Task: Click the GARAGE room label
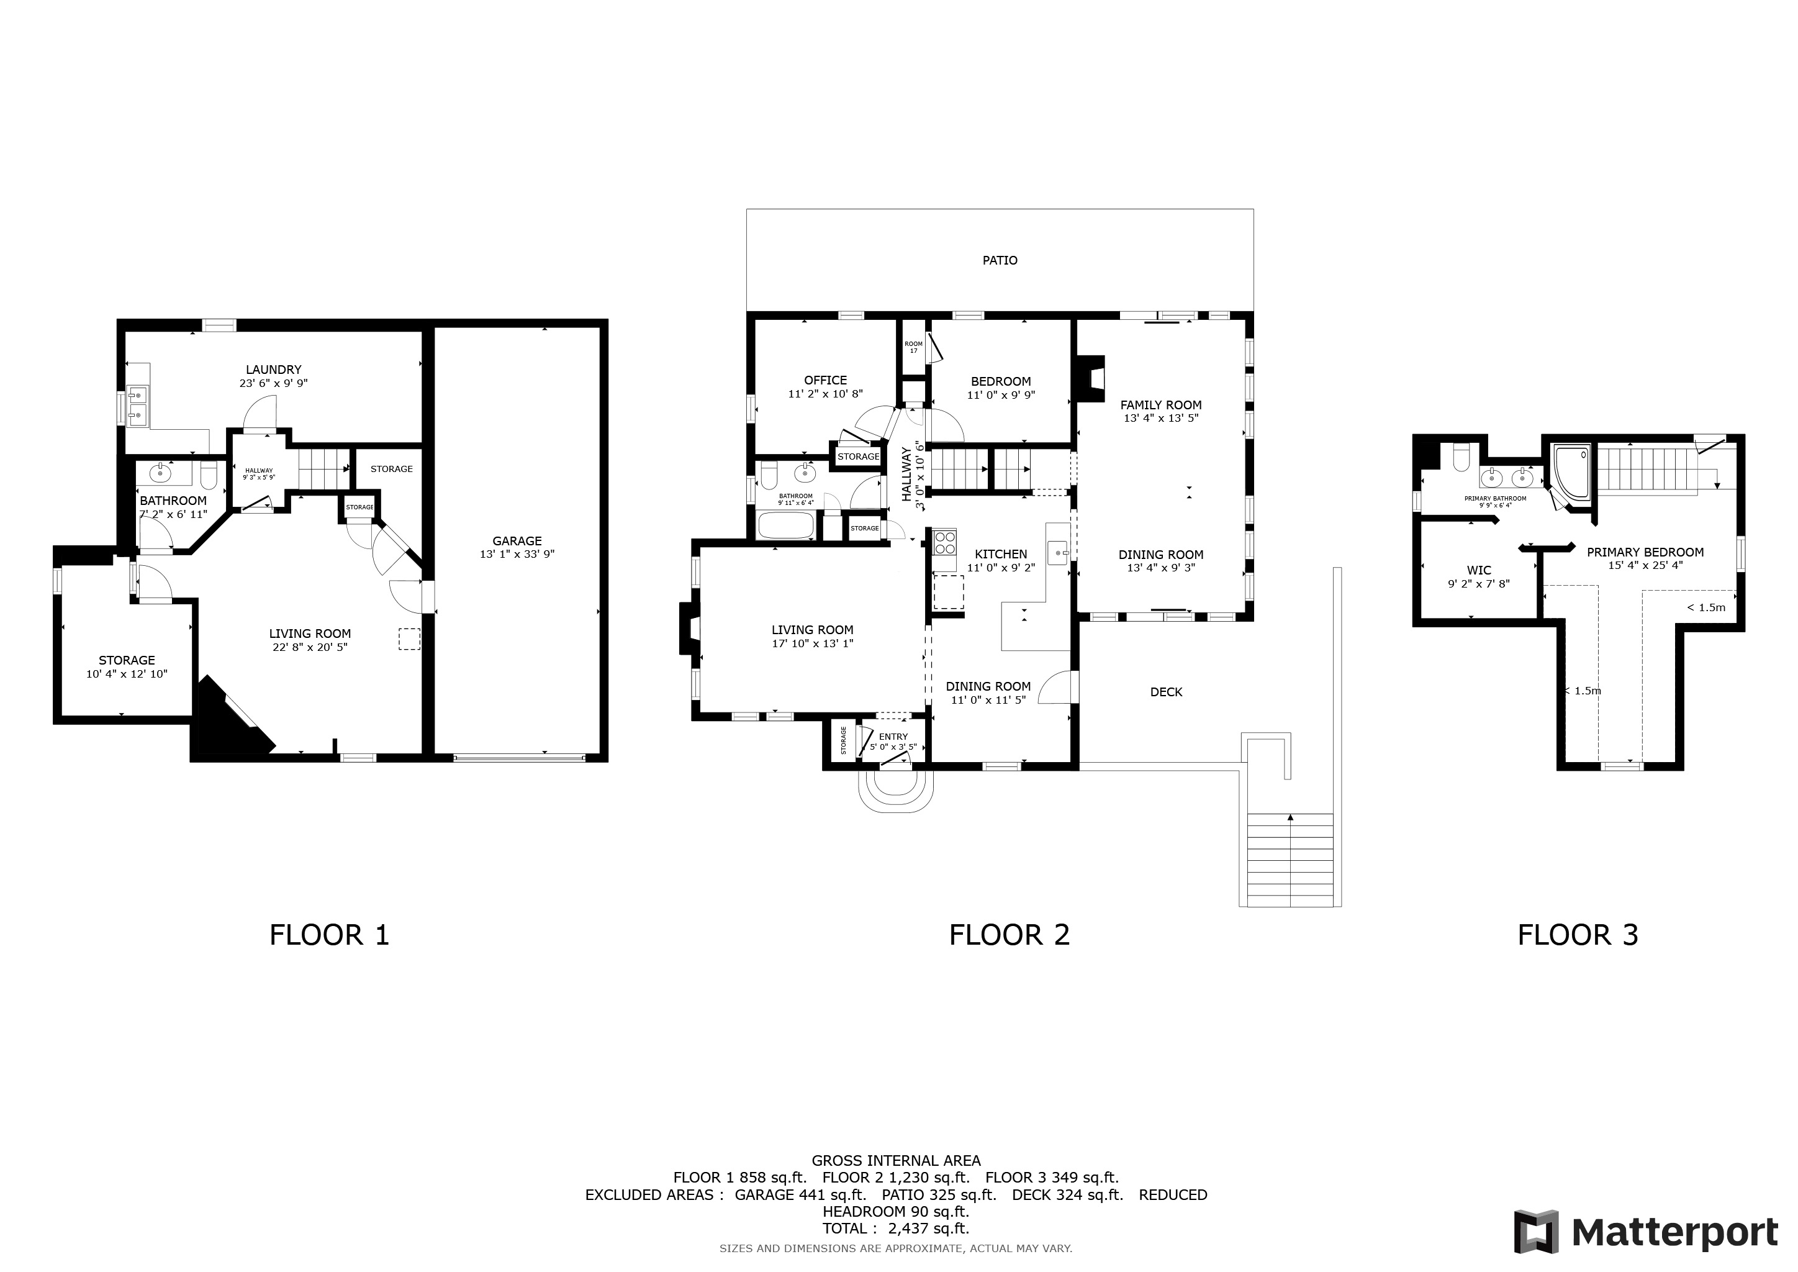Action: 517,540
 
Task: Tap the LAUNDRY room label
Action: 273,370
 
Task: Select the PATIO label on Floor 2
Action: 1000,260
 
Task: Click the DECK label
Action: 1166,692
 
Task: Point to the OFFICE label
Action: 825,381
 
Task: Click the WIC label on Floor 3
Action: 1478,570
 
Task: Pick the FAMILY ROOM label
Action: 1160,405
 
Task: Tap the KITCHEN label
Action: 1001,554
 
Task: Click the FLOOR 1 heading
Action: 329,934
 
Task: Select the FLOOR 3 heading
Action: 1578,934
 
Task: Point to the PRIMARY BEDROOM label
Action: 1645,552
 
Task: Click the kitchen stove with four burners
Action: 944,541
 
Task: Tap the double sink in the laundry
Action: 137,405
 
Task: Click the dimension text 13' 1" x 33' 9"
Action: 517,555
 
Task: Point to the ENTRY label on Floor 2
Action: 893,736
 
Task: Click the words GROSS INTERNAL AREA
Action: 896,1161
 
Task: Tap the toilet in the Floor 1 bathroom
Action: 209,475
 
